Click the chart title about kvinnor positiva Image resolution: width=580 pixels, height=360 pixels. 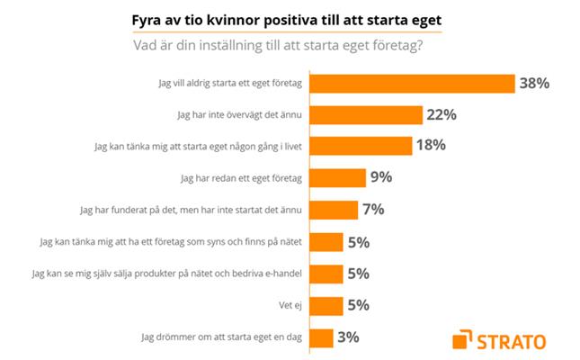(x=290, y=18)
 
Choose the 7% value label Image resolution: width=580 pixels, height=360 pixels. (x=372, y=210)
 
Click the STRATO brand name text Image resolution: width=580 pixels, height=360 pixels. (x=518, y=340)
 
